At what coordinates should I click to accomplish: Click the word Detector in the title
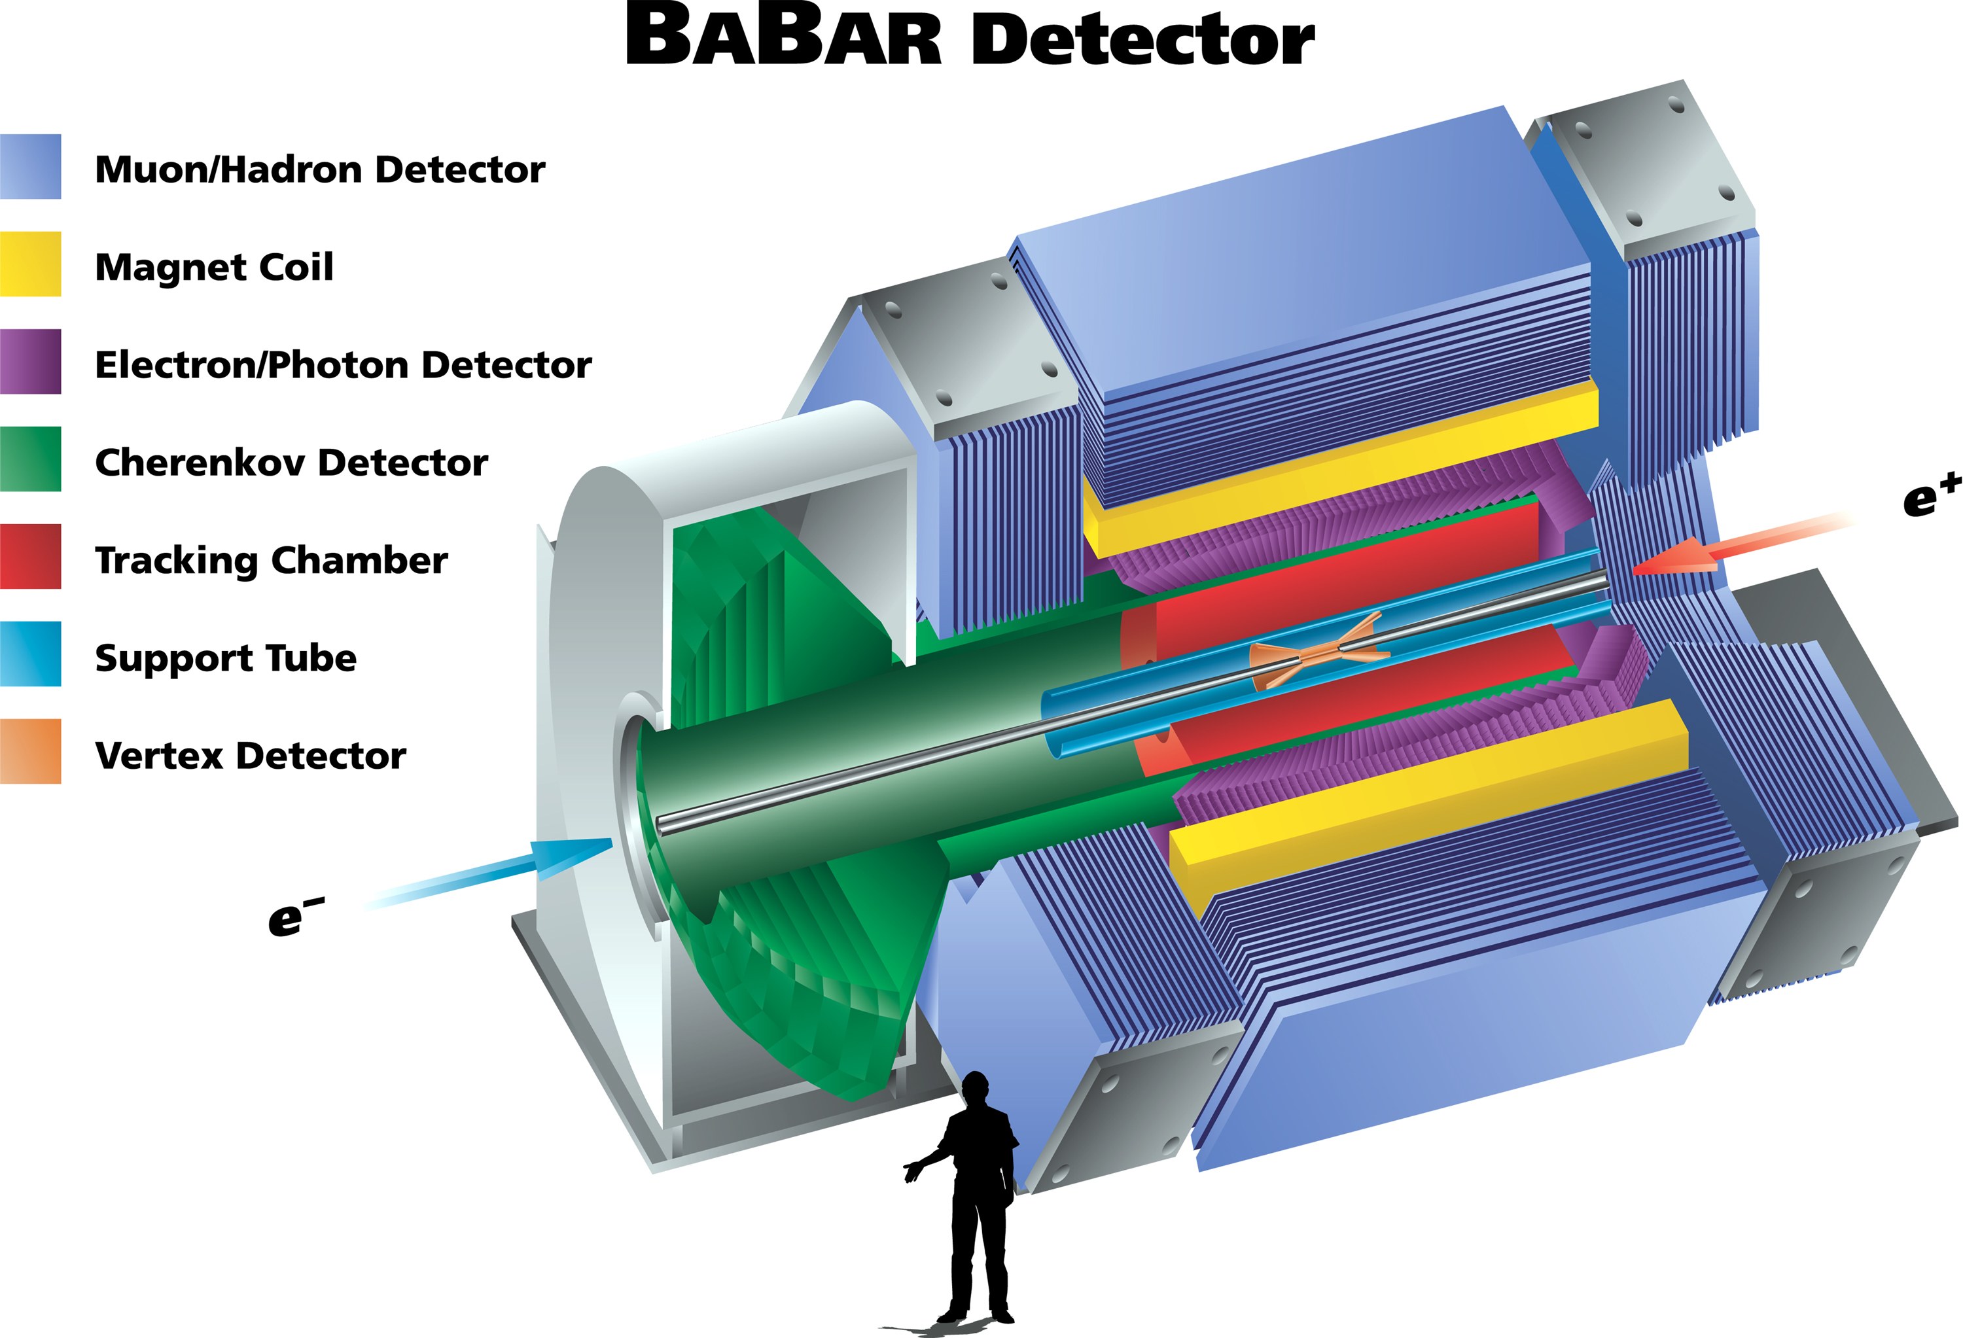1143,38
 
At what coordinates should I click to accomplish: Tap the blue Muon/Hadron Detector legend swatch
30,166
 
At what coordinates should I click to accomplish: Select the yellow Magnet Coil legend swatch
30,264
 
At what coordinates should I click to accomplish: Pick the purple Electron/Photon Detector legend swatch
30,362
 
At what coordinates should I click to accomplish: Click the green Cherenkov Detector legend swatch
30,459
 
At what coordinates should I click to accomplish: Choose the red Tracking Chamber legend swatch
30,556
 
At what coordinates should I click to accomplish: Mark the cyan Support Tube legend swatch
30,654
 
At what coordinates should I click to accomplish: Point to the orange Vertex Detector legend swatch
30,751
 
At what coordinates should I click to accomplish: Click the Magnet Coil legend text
215,268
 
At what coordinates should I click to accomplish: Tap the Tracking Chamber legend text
271,561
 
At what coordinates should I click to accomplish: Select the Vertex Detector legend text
251,755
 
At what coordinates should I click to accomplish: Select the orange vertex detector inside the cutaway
1318,650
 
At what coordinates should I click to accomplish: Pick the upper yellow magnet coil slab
1341,469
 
